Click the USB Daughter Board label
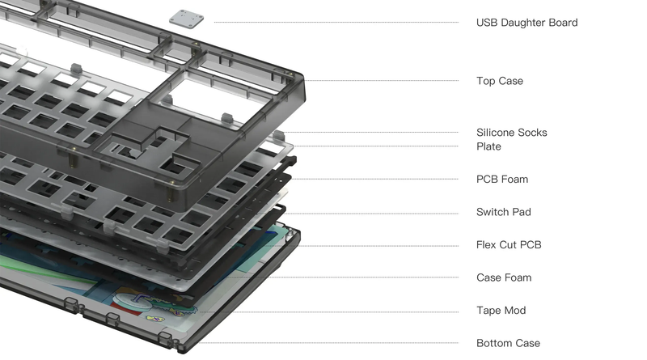pyautogui.click(x=526, y=23)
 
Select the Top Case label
pyautogui.click(x=499, y=81)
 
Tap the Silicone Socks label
pyautogui.click(x=511, y=133)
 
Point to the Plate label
pyautogui.click(x=488, y=146)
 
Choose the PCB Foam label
pyautogui.click(x=501, y=179)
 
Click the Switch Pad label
pyautogui.click(x=503, y=212)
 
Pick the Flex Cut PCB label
pyautogui.click(x=508, y=244)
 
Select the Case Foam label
pyautogui.click(x=503, y=277)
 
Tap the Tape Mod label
pyautogui.click(x=500, y=311)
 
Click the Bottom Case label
pyautogui.click(x=508, y=343)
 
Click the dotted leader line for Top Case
pyautogui.click(x=380, y=81)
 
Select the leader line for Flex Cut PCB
pyautogui.click(x=380, y=245)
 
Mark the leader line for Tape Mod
pyautogui.click(x=340, y=311)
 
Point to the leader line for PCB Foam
pyautogui.click(x=380, y=179)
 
